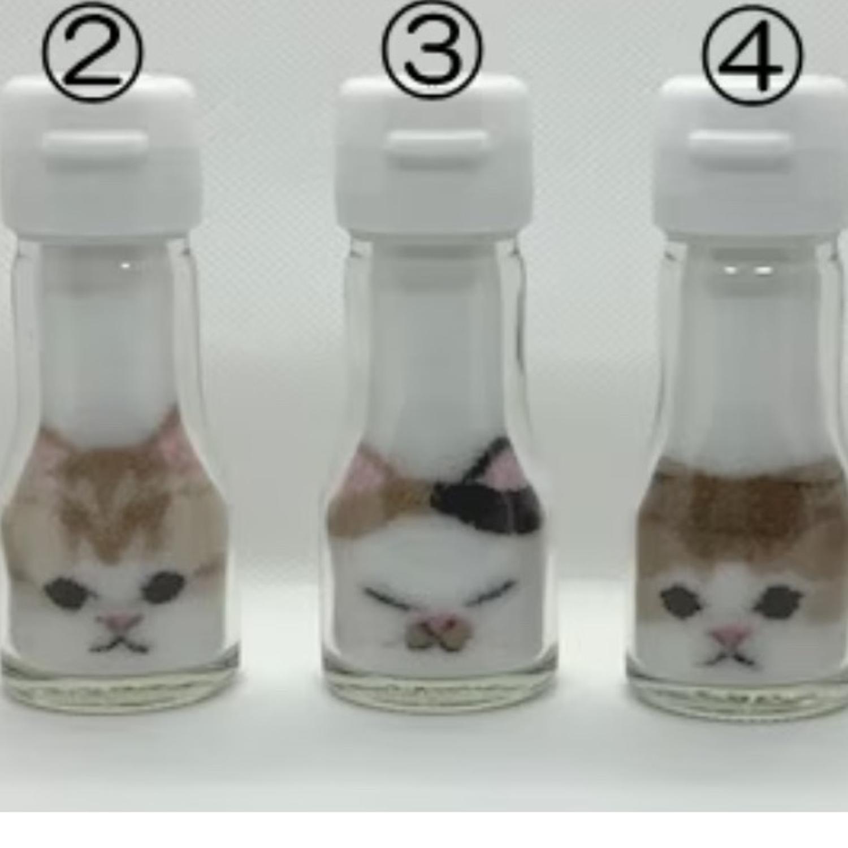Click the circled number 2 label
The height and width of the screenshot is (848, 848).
coord(92,52)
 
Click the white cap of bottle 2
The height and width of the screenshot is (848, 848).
coord(99,155)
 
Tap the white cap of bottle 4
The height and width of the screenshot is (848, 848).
coord(752,158)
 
